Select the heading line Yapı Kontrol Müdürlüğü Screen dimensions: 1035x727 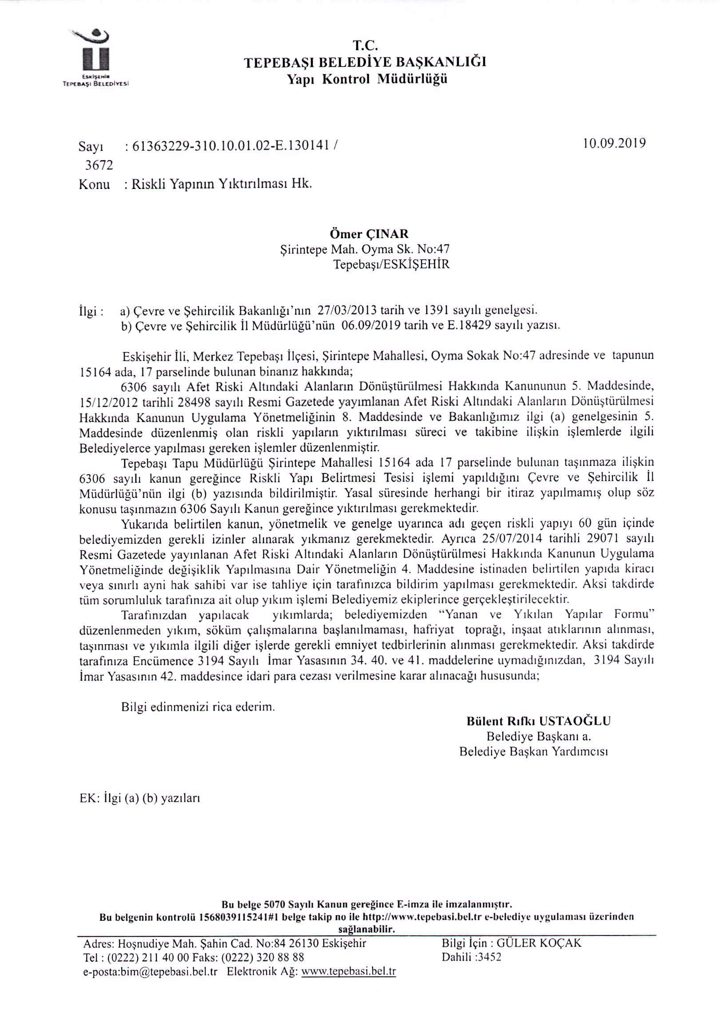click(367, 79)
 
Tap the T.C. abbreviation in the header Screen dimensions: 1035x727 click(365, 45)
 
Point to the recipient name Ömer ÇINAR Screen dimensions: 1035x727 click(369, 234)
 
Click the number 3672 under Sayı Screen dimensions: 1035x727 click(99, 165)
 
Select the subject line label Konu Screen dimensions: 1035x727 click(94, 185)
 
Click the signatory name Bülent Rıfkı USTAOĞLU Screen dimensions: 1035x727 click(538, 721)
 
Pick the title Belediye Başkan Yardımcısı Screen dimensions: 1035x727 click(533, 751)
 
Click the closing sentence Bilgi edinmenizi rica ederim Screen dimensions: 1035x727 click(198, 706)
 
